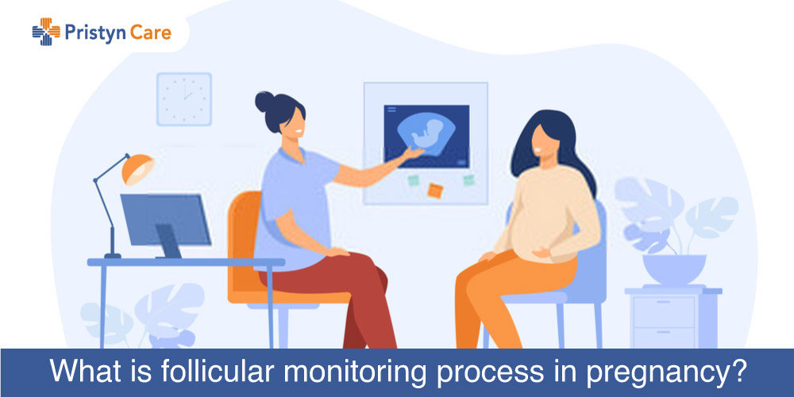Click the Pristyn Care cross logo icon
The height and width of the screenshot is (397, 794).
pos(45,32)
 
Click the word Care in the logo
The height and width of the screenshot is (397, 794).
pos(150,33)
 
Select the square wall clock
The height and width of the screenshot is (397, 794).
pos(184,99)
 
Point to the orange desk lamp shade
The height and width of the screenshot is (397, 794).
pos(137,168)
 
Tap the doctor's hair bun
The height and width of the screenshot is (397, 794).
pos(264,102)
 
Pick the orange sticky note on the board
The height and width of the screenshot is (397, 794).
pos(435,191)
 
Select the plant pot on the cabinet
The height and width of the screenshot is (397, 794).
pos(674,269)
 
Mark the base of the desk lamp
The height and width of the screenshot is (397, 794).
pos(113,255)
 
